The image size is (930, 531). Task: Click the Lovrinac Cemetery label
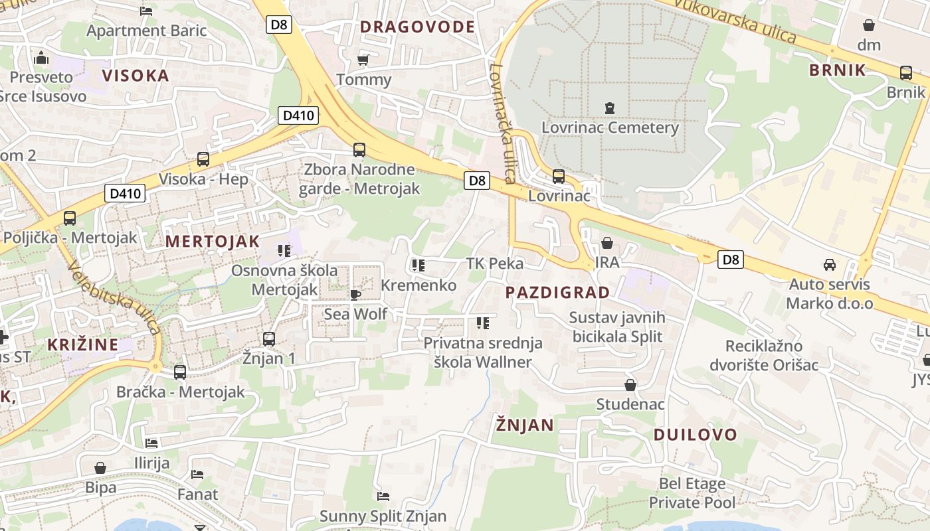tap(610, 127)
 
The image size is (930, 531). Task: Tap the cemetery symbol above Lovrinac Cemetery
tap(609, 108)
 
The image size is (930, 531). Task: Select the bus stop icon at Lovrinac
tap(559, 177)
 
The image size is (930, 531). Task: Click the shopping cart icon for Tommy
tap(363, 60)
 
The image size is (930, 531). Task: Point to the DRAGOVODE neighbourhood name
tap(417, 27)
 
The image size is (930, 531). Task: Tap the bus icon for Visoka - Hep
tap(203, 159)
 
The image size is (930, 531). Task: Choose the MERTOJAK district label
tap(212, 242)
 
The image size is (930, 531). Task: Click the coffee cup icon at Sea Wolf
tap(355, 294)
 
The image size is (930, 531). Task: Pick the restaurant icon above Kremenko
tap(418, 265)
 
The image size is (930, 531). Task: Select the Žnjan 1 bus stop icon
tap(269, 339)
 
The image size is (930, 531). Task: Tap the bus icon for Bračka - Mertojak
tap(180, 372)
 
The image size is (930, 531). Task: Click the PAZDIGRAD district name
tap(557, 293)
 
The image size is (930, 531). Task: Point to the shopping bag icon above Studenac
tap(630, 385)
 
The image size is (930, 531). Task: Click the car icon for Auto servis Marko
tap(829, 265)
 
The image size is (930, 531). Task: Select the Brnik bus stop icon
tap(905, 73)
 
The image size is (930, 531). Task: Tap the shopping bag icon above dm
tap(868, 26)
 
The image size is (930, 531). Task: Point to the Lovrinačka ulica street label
tap(502, 123)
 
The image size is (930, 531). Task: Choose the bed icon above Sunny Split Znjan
tap(383, 496)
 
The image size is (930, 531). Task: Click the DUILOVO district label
tap(695, 435)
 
